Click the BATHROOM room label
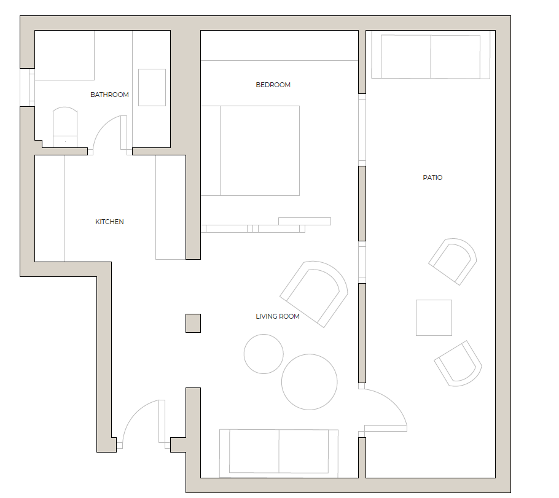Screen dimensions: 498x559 [109, 95]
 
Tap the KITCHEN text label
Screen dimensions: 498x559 [109, 222]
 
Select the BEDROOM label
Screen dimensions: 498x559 [273, 85]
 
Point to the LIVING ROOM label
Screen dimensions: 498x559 [278, 316]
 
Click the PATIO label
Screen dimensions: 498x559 [432, 177]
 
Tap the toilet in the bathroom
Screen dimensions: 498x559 [65, 126]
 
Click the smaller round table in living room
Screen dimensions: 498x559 [264, 354]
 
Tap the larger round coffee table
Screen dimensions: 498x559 [310, 381]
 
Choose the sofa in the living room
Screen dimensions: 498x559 [279, 451]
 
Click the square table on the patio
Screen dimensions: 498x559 [434, 317]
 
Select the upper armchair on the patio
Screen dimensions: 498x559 [453, 261]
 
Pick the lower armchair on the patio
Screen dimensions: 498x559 [458, 364]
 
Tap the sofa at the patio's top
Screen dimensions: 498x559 [431, 56]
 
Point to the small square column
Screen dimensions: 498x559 [193, 323]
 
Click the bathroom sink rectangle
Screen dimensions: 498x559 [152, 87]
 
